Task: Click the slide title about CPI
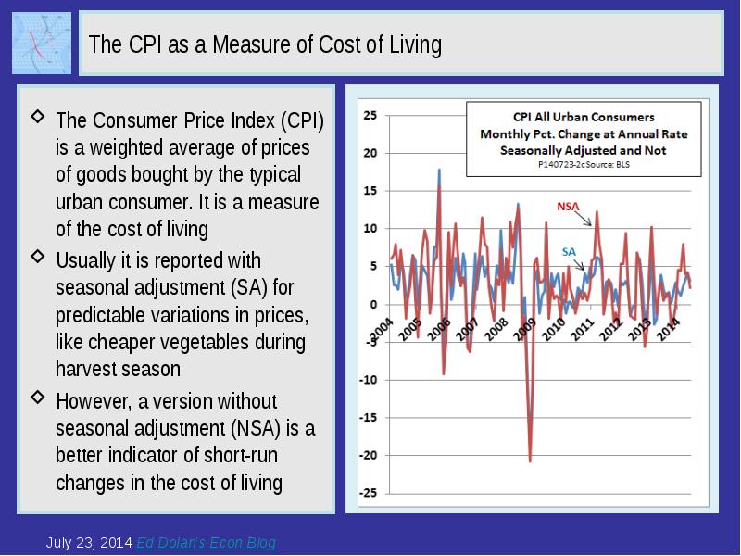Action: click(265, 44)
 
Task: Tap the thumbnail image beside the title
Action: click(42, 43)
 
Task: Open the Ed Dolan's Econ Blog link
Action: click(206, 543)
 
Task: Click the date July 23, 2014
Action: click(89, 543)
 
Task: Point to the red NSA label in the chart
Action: click(568, 206)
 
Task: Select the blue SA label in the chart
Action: click(569, 251)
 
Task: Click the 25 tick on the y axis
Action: click(370, 116)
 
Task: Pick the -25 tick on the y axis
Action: click(369, 493)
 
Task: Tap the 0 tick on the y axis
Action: click(373, 304)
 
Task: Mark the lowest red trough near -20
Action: click(530, 460)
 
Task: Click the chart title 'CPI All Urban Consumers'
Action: click(584, 117)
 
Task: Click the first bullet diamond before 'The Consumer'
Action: click(37, 117)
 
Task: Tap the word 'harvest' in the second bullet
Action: click(85, 369)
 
